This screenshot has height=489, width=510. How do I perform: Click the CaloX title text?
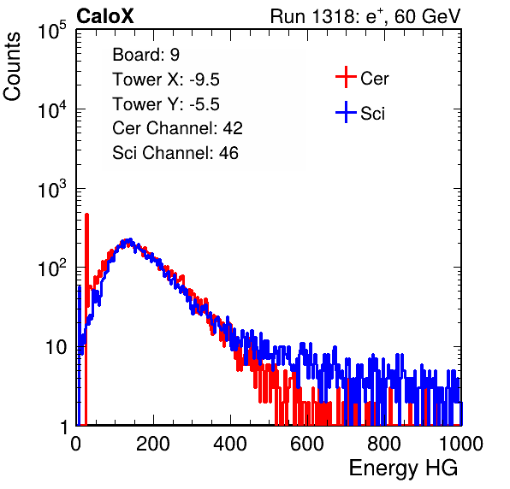pyautogui.click(x=105, y=16)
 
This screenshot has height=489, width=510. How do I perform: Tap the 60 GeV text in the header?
pyautogui.click(x=427, y=16)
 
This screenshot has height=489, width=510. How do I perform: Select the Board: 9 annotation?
pyautogui.click(x=145, y=54)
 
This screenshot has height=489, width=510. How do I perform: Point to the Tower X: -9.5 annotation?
pyautogui.click(x=166, y=80)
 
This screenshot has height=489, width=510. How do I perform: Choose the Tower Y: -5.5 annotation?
pyautogui.click(x=166, y=104)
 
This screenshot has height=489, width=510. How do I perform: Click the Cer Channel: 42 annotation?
pyautogui.click(x=177, y=128)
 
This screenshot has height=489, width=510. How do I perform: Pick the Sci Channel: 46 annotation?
pyautogui.click(x=175, y=152)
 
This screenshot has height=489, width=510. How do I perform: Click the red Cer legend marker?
pyautogui.click(x=346, y=77)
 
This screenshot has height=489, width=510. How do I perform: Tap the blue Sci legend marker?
pyautogui.click(x=346, y=112)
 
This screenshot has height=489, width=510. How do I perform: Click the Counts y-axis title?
pyautogui.click(x=12, y=67)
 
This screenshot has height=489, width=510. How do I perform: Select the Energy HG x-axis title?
pyautogui.click(x=403, y=468)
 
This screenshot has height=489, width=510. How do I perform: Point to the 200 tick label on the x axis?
pyautogui.click(x=153, y=444)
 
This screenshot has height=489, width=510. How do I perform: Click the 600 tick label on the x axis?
pyautogui.click(x=307, y=444)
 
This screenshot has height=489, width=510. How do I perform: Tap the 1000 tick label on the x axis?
pyautogui.click(x=461, y=444)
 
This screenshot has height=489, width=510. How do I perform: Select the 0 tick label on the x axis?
pyautogui.click(x=75, y=444)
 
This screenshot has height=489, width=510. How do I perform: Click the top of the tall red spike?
pyautogui.click(x=86, y=215)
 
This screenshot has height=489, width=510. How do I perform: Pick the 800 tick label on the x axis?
pyautogui.click(x=384, y=444)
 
